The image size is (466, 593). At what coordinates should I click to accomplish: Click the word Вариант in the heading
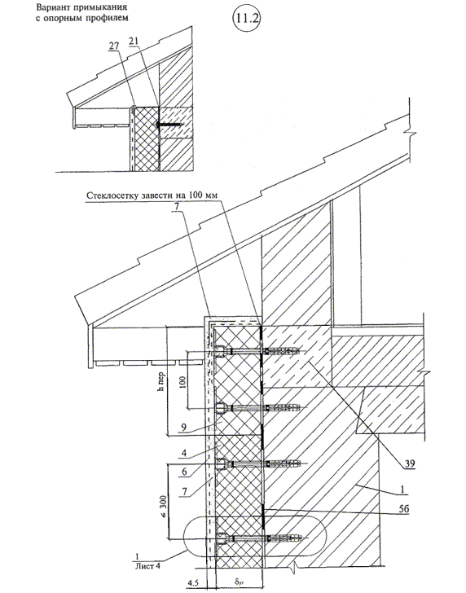pyautogui.click(x=50, y=7)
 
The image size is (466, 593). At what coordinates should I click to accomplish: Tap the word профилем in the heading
pyautogui.click(x=112, y=18)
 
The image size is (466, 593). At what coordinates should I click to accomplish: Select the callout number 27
pyautogui.click(x=114, y=46)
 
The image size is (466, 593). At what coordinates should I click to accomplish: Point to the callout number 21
pyautogui.click(x=134, y=41)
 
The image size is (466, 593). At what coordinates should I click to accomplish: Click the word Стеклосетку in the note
pyautogui.click(x=109, y=195)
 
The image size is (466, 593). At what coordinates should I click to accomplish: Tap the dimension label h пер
pyautogui.click(x=161, y=380)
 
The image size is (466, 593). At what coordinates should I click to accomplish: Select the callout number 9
pyautogui.click(x=183, y=428)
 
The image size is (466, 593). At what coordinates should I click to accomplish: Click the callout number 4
pyautogui.click(x=183, y=452)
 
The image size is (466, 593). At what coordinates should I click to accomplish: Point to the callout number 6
pyautogui.click(x=184, y=472)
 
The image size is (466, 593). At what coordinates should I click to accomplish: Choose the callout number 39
pyautogui.click(x=409, y=463)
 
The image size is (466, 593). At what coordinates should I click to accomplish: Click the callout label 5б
pyautogui.click(x=404, y=508)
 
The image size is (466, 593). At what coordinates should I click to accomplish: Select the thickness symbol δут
pyautogui.click(x=239, y=582)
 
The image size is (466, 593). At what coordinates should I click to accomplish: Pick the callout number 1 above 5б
pyautogui.click(x=402, y=490)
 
